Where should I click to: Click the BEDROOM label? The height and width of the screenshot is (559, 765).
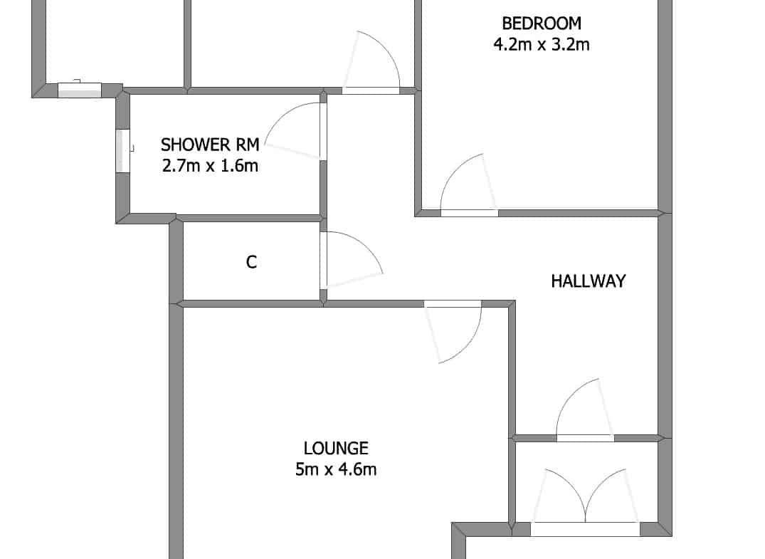[542, 23]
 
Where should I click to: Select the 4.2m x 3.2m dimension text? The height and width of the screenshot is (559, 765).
[542, 44]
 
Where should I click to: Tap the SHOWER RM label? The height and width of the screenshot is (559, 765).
[210, 145]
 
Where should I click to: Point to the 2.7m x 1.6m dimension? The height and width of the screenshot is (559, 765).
[210, 166]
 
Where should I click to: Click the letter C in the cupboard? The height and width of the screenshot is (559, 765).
[251, 262]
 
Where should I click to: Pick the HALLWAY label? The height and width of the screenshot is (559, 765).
[589, 281]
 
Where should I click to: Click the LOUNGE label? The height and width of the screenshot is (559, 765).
[336, 448]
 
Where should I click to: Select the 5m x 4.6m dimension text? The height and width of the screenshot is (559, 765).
[336, 469]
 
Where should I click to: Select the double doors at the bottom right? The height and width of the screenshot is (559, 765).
[585, 498]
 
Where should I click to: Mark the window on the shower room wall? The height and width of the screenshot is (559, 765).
[122, 151]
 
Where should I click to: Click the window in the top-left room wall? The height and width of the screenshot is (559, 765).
[80, 90]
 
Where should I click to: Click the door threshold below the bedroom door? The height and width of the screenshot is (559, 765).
[470, 214]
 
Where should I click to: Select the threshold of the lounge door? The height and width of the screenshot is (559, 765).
[453, 303]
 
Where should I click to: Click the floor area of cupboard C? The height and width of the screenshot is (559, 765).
[251, 283]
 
